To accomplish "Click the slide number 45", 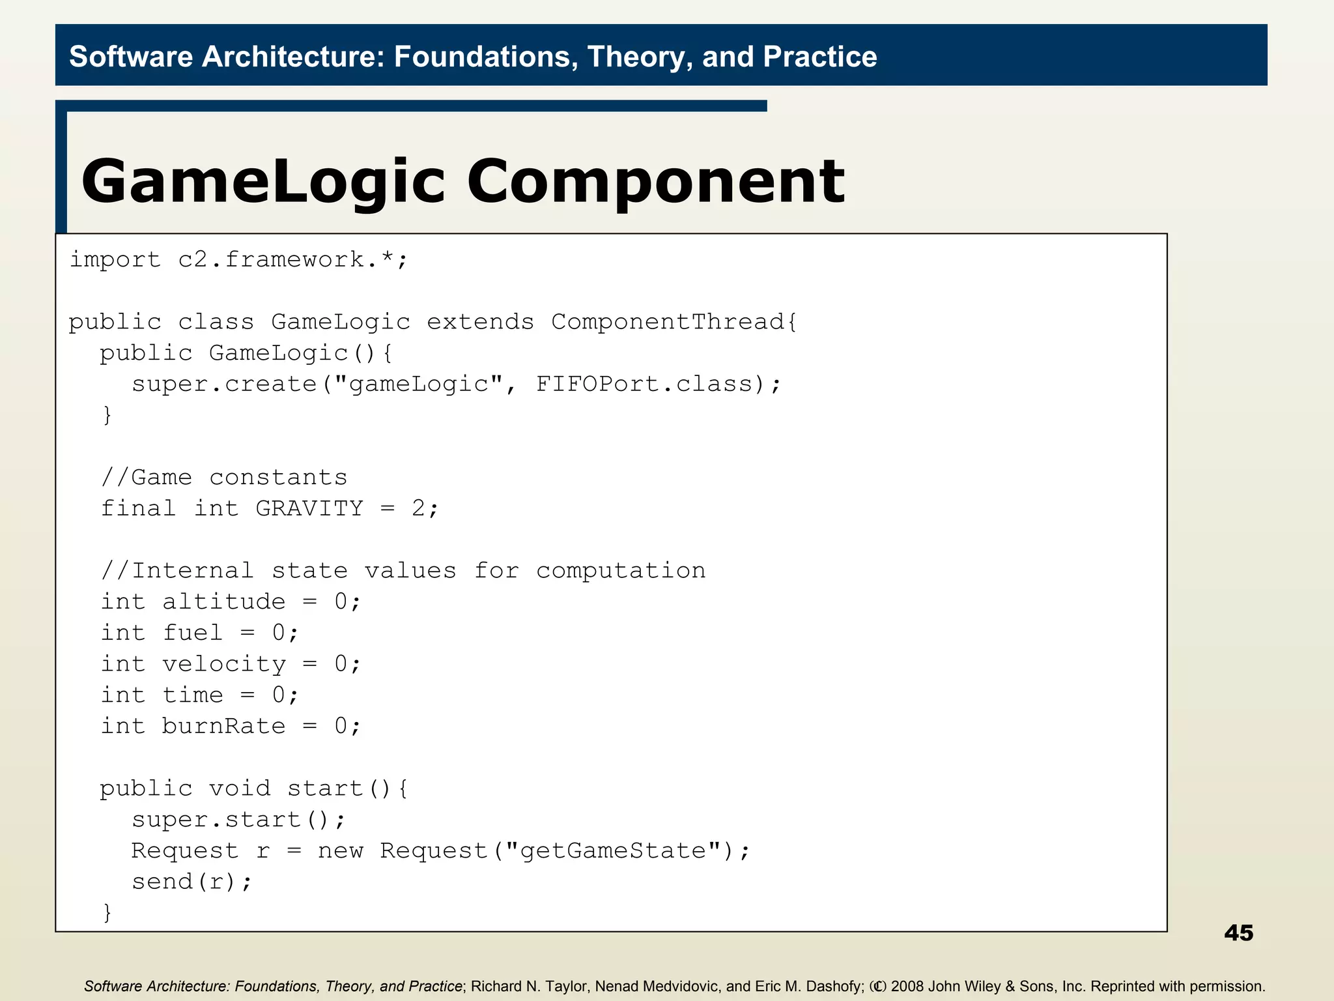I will tap(1238, 933).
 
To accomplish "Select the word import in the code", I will tap(115, 259).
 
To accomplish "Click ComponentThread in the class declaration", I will tap(667, 322).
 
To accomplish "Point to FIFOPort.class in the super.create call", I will tap(644, 384).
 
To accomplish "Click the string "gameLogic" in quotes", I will tap(419, 384).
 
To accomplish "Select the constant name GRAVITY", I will tap(309, 508).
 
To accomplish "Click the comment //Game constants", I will tap(225, 477).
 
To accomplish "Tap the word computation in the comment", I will tap(620, 571).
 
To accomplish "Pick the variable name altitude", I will tap(223, 602).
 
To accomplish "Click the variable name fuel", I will tap(192, 633).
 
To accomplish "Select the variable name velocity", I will tap(223, 664).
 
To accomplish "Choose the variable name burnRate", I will tap(223, 726).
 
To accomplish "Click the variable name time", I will tap(192, 695).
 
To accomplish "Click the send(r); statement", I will tap(192, 882).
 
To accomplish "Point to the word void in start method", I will tap(239, 789).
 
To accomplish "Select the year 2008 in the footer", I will tap(907, 986).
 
